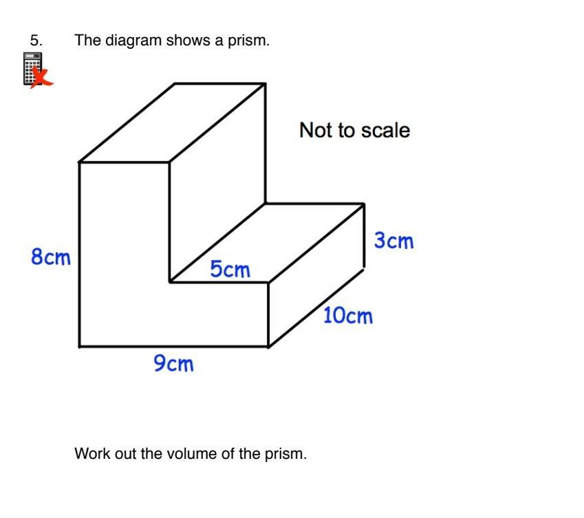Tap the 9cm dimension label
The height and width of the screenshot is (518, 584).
(x=173, y=363)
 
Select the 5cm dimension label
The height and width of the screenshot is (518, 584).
(x=230, y=269)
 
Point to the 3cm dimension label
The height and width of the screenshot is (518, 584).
(x=393, y=241)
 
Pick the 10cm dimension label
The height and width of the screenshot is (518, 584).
(x=347, y=316)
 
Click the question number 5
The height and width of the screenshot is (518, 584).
(x=36, y=41)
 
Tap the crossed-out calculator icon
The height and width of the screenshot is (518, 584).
(x=35, y=71)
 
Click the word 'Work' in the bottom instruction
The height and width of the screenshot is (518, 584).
(x=91, y=454)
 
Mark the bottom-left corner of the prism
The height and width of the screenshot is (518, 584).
(x=80, y=346)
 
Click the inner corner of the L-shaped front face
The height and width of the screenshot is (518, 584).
(x=170, y=281)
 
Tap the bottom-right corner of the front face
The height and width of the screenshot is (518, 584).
(x=268, y=346)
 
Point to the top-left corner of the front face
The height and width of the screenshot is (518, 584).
(x=80, y=162)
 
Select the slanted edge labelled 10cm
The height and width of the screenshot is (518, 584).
(x=316, y=307)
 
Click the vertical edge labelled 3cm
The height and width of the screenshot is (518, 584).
(x=364, y=236)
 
